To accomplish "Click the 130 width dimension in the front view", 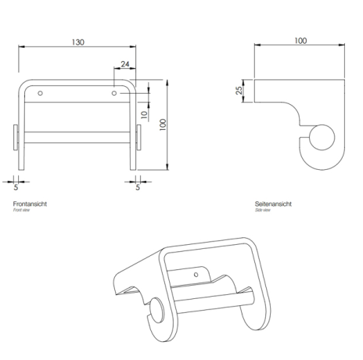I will [78, 41].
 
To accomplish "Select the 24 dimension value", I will [125, 66].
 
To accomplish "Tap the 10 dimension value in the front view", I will [143, 114].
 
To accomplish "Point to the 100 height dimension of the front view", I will [163, 125].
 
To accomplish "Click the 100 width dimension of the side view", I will [300, 41].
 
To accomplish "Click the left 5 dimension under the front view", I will [18, 187].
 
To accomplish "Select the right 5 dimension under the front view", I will [138, 187].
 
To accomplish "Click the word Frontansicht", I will [31, 204].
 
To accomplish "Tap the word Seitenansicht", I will [273, 204].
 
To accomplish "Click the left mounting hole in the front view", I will [41, 94].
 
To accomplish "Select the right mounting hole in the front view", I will [115, 94].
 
